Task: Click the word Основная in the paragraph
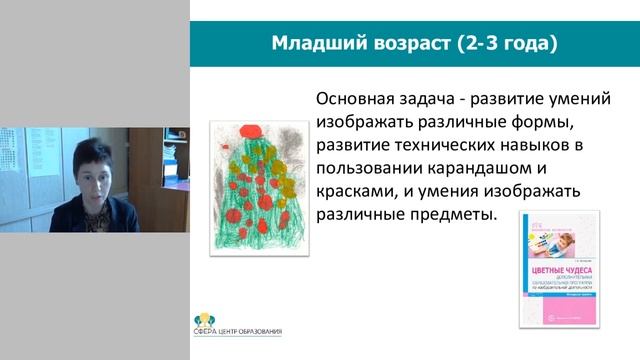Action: click(357, 100)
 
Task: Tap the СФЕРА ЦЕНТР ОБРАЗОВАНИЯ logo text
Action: click(238, 331)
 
